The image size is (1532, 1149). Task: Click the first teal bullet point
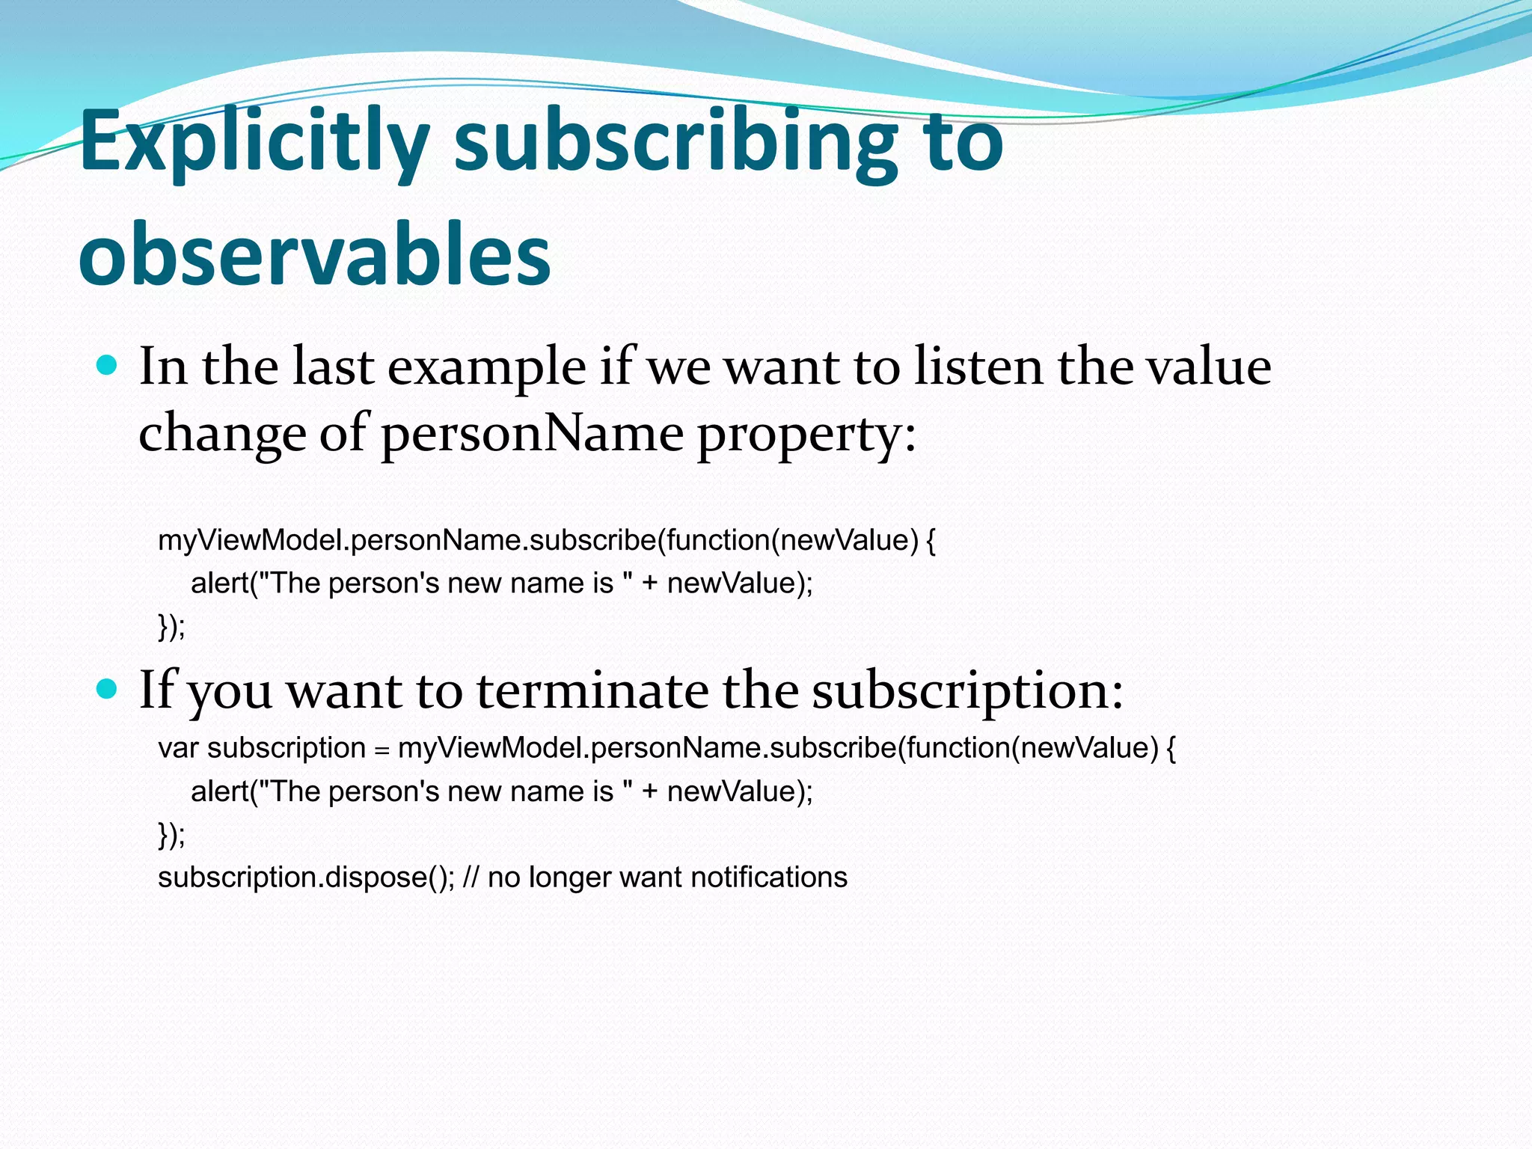(108, 366)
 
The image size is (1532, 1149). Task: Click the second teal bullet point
(108, 689)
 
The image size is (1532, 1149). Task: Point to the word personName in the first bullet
(532, 434)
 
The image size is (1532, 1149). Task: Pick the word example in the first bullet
(486, 368)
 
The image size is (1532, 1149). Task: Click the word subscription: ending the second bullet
(967, 691)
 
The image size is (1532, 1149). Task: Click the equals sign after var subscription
(382, 750)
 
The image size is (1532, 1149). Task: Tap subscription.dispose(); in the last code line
(306, 877)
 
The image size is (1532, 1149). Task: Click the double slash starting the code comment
(471, 877)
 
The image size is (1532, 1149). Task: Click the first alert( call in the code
(223, 583)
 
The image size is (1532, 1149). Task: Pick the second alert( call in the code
(223, 791)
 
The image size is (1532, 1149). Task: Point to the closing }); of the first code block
(171, 626)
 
